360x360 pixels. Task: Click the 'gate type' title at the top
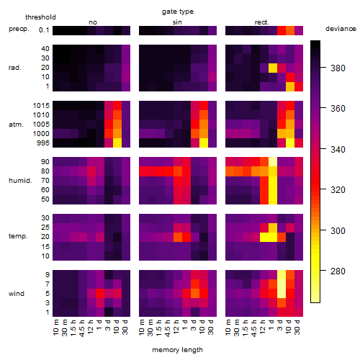click(178, 12)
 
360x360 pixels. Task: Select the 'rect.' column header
click(261, 22)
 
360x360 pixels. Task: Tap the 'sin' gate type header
click(177, 22)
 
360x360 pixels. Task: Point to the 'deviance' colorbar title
click(341, 29)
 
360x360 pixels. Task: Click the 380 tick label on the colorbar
click(338, 68)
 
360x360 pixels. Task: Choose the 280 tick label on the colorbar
click(338, 271)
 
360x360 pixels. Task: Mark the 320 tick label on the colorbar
click(338, 190)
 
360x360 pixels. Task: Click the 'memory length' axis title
click(177, 350)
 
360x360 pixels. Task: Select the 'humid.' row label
click(20, 181)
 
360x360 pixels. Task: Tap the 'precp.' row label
click(19, 29)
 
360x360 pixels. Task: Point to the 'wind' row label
click(17, 294)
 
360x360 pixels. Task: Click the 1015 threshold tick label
click(41, 105)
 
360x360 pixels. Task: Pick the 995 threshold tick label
click(43, 143)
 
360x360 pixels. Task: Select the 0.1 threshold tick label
click(44, 30)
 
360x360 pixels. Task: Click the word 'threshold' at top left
click(40, 17)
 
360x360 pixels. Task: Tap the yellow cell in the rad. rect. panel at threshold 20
click(273, 68)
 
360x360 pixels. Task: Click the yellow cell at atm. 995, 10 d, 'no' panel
click(117, 143)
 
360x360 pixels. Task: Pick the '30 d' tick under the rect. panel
click(297, 327)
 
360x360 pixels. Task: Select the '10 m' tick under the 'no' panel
click(55, 327)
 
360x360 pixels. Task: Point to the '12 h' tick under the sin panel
click(176, 327)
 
